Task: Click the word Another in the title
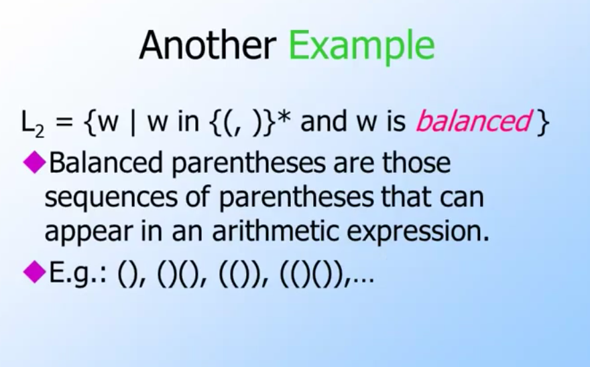208,45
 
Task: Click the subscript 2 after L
39,132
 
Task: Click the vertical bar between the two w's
133,122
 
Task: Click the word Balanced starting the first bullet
106,162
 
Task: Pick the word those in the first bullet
416,162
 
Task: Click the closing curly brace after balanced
542,122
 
